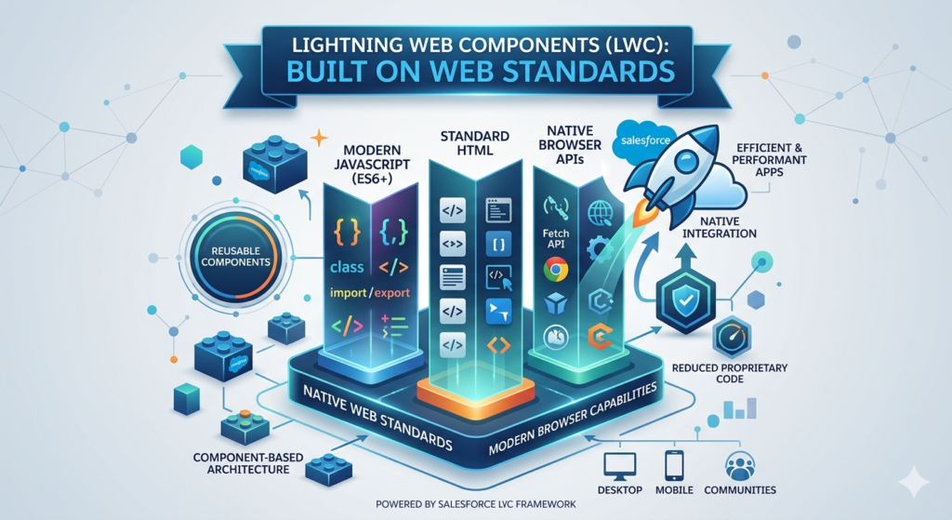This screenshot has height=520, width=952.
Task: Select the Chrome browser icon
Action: click(x=556, y=271)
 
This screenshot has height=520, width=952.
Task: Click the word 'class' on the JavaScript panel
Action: click(x=347, y=268)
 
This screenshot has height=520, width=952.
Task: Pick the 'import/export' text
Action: click(x=369, y=294)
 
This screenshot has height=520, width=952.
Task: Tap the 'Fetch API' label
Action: click(x=555, y=236)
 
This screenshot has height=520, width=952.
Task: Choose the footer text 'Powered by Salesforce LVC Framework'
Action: click(x=475, y=503)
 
